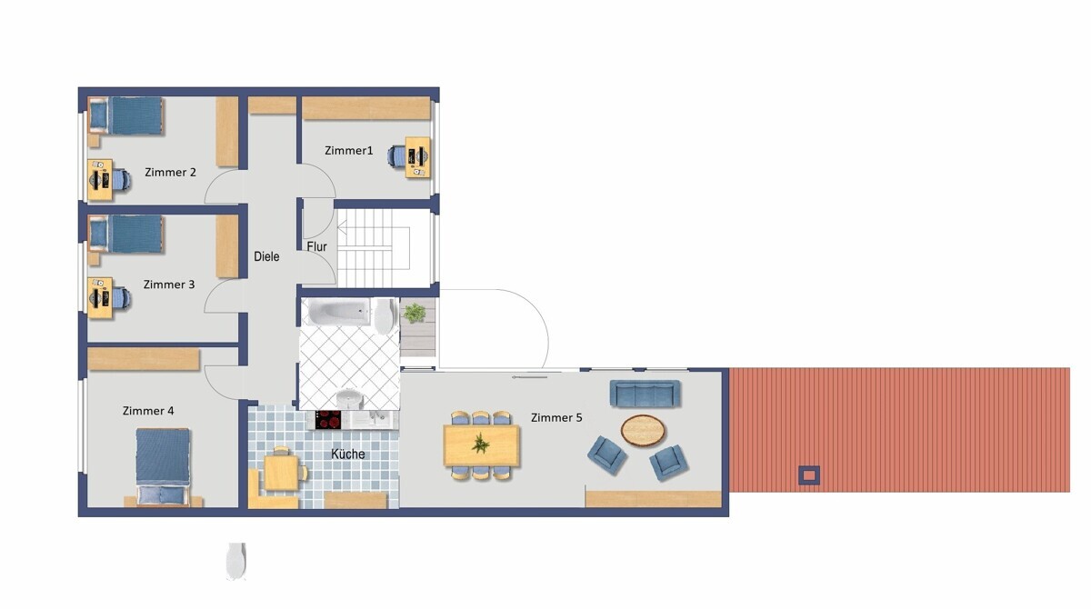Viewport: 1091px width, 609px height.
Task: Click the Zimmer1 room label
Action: [349, 150]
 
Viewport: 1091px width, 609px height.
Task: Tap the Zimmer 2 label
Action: [171, 173]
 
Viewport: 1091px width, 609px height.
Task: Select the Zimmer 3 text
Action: [169, 285]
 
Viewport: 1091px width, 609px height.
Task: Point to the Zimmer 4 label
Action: [148, 411]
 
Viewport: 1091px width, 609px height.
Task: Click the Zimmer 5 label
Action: [556, 418]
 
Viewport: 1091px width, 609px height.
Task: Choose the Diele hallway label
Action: [266, 256]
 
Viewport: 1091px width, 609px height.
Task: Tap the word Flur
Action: [316, 247]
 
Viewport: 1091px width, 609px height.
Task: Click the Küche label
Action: [347, 454]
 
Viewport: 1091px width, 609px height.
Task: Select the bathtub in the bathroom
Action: [339, 312]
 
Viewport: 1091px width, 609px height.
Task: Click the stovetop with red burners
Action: [328, 420]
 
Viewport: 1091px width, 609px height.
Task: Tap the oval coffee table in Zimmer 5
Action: [643, 430]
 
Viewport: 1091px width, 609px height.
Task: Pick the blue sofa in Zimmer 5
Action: [646, 393]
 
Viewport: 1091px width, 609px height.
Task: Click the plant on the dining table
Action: [481, 444]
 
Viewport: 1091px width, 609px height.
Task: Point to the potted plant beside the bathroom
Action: [414, 313]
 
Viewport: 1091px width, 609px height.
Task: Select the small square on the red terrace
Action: [808, 475]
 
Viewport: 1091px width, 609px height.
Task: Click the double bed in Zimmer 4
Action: [162, 466]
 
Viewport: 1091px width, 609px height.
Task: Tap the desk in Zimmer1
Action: [418, 156]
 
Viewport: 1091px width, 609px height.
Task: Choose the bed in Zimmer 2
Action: [125, 115]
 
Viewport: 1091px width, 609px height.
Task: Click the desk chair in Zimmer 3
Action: [122, 298]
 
